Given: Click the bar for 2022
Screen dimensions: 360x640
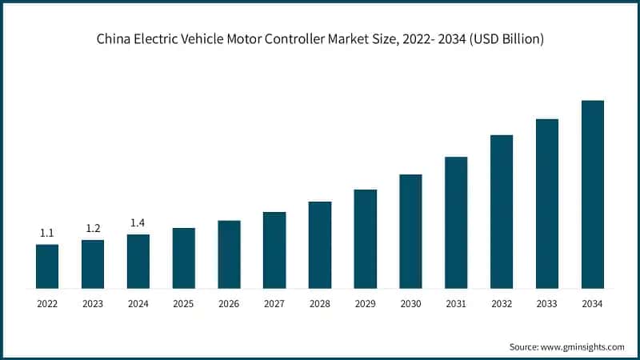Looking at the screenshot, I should tap(47, 266).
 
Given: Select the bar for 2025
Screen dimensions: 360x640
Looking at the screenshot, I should tap(184, 258).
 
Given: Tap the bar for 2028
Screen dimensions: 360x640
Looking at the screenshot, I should tap(320, 245).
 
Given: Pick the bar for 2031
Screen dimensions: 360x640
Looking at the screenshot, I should tap(456, 222).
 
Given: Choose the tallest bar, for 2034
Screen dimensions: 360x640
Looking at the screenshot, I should tap(592, 194).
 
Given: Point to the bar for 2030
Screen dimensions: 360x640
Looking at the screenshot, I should tap(410, 231).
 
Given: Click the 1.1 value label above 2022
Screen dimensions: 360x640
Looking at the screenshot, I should tap(47, 234).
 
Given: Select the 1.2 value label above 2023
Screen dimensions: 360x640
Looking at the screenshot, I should tap(93, 229).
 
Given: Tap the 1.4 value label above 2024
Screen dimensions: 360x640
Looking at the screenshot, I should tap(138, 223).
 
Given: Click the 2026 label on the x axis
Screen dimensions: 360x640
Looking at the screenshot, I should tap(229, 304).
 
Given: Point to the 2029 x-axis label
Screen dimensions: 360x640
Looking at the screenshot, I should tap(365, 304).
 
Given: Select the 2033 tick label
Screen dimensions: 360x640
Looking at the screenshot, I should tap(546, 304).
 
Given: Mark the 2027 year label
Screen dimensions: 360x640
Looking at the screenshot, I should tap(274, 304).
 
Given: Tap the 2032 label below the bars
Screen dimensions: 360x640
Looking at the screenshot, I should tap(502, 304).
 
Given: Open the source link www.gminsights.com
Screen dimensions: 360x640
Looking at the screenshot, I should tap(583, 346).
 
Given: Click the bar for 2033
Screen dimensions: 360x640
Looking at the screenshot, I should tap(546, 203).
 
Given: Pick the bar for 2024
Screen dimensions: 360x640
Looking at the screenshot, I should tap(138, 261).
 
